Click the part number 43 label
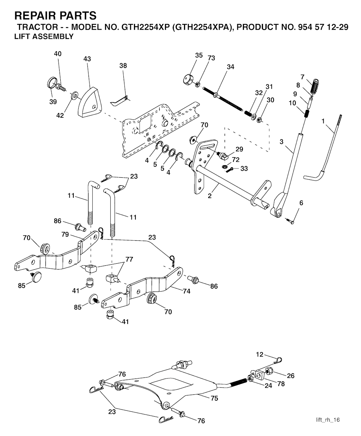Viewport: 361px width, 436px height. [x=87, y=59]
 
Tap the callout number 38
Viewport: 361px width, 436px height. [x=123, y=66]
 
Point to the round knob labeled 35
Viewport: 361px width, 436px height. [x=188, y=78]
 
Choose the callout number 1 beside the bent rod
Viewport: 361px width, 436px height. [x=323, y=121]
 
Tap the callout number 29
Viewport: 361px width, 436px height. [x=240, y=149]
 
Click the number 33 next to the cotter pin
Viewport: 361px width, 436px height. [x=244, y=168]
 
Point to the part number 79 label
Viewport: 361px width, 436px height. [x=65, y=234]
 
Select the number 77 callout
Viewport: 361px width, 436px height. [x=129, y=259]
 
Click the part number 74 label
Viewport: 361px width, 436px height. [x=186, y=291]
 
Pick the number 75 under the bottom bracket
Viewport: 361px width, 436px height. [x=214, y=398]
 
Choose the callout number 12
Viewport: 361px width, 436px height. [x=260, y=354]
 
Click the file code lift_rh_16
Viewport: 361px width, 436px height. [x=328, y=420]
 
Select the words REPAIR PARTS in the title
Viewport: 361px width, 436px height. [x=55, y=16]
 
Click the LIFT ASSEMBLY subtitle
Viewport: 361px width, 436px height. [x=44, y=36]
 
